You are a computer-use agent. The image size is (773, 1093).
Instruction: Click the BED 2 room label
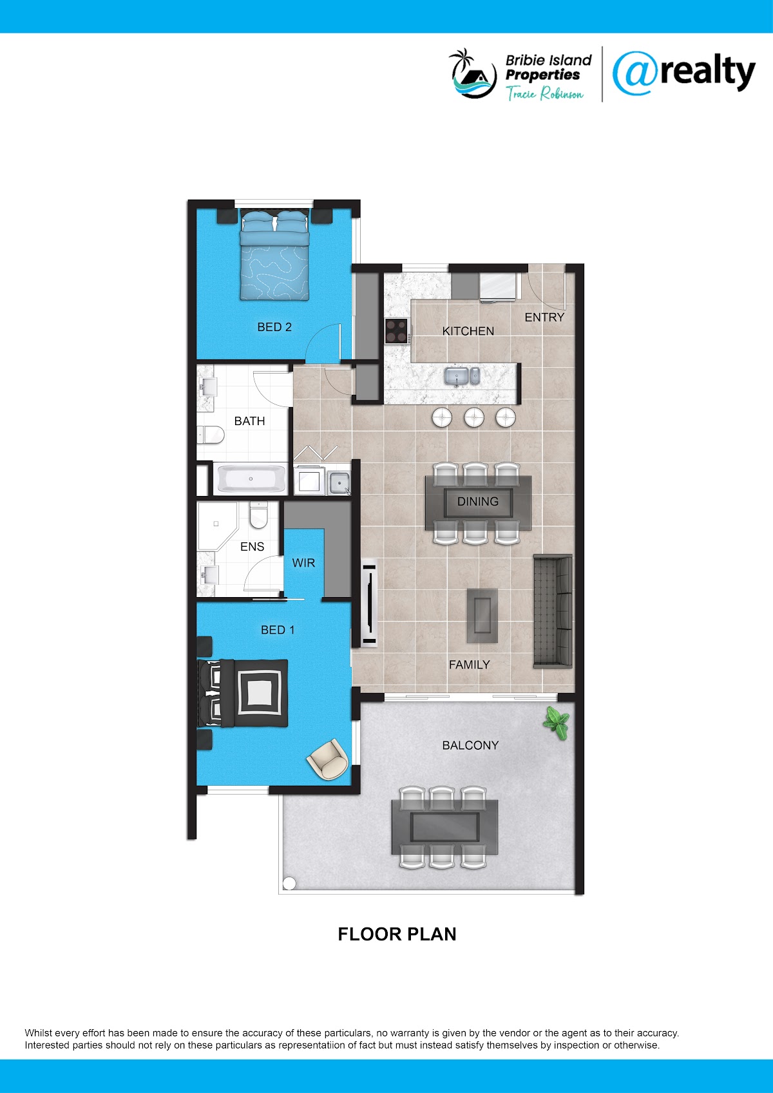274,327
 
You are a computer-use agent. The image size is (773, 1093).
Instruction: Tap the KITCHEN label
468,331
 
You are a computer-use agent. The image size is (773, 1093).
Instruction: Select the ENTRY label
544,317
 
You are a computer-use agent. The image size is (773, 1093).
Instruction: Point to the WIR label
303,563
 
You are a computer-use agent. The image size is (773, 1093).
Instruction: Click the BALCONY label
470,745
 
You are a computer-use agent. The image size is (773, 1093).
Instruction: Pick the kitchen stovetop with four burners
397,331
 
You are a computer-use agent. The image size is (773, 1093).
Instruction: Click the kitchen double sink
462,376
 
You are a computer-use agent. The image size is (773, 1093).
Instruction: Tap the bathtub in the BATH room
251,479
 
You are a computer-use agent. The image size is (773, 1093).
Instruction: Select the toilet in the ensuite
258,515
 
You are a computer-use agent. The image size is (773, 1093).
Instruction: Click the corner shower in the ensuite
216,525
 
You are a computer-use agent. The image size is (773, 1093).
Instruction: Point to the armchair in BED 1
327,758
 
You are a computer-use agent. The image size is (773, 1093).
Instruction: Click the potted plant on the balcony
557,722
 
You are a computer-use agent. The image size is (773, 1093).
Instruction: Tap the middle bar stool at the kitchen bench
474,417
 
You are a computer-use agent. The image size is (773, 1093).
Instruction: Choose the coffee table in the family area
482,616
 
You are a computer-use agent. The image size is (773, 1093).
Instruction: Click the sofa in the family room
553,611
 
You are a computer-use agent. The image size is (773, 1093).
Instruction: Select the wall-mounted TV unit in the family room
369,603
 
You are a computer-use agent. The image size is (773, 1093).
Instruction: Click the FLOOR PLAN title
397,934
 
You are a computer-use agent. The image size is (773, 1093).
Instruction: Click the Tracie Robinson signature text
544,93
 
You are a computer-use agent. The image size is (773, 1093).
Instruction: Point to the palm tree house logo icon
473,73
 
